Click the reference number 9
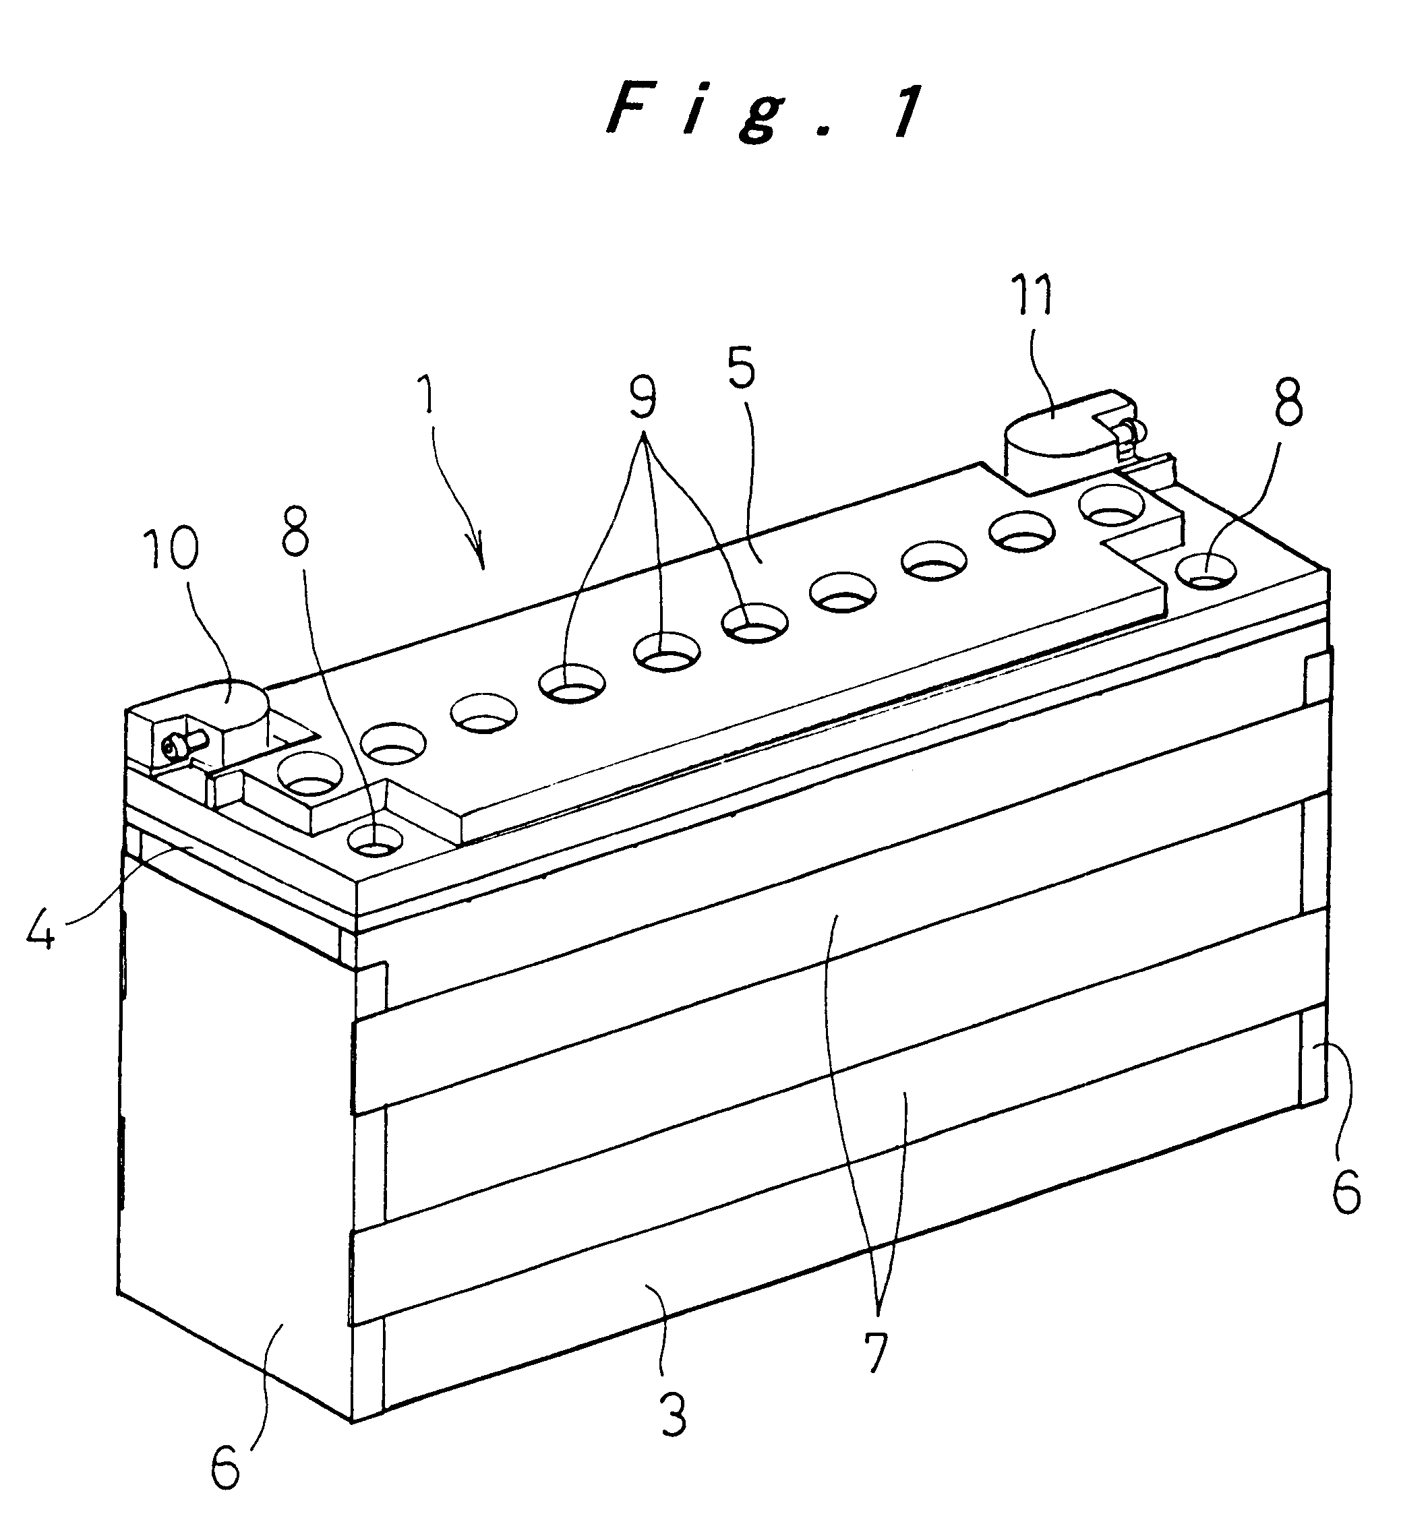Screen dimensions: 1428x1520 tap(643, 398)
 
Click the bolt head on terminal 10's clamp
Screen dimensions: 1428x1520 tap(172, 742)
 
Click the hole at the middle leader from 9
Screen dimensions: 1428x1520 tap(667, 655)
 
